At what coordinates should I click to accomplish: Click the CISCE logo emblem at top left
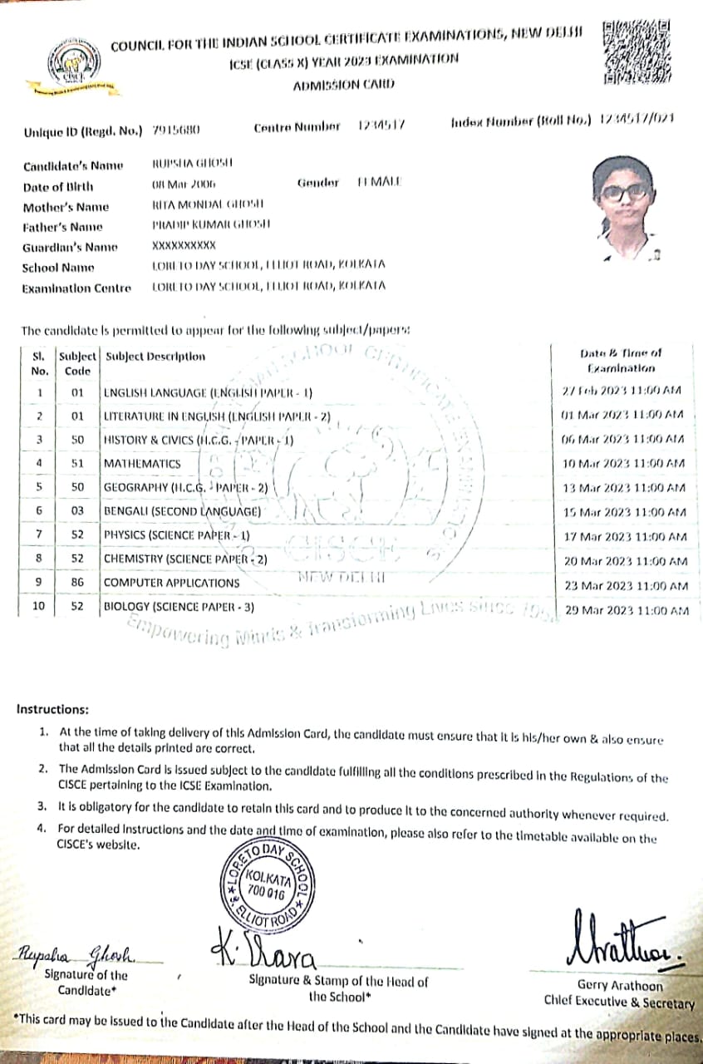click(79, 64)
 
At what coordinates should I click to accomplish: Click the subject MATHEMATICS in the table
click(142, 463)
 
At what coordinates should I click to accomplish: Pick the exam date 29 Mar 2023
click(626, 610)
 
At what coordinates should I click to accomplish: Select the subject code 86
click(77, 583)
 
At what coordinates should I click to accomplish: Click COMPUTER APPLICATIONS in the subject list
click(171, 583)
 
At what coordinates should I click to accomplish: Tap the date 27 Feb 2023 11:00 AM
click(622, 391)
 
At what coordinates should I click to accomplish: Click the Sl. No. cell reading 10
click(39, 606)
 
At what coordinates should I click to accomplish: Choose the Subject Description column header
click(155, 357)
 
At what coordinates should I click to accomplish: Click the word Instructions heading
click(52, 710)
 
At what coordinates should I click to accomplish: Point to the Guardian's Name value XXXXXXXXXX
click(184, 245)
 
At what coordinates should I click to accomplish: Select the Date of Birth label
click(58, 187)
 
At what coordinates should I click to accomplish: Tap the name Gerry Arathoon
click(620, 985)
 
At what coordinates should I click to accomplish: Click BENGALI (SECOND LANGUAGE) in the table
click(182, 510)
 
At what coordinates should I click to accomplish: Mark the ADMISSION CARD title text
click(343, 85)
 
